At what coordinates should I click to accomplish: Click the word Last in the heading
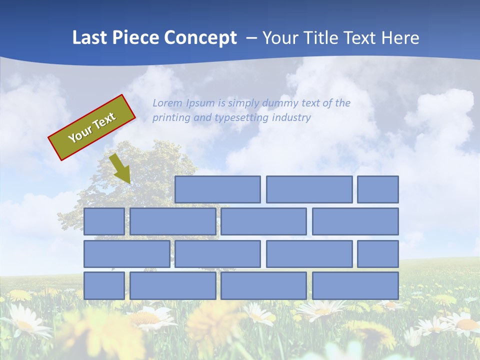90,38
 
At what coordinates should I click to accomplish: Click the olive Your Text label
92,127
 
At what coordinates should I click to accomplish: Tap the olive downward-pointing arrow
120,168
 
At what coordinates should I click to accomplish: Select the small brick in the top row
378,189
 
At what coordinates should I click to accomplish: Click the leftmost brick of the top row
217,189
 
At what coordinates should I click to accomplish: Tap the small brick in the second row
104,221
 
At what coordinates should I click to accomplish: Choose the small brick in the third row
378,254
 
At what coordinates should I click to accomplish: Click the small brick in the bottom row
104,286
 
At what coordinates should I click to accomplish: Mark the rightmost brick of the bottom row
355,286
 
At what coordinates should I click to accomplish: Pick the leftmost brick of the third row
126,254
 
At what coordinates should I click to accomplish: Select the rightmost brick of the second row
355,221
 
